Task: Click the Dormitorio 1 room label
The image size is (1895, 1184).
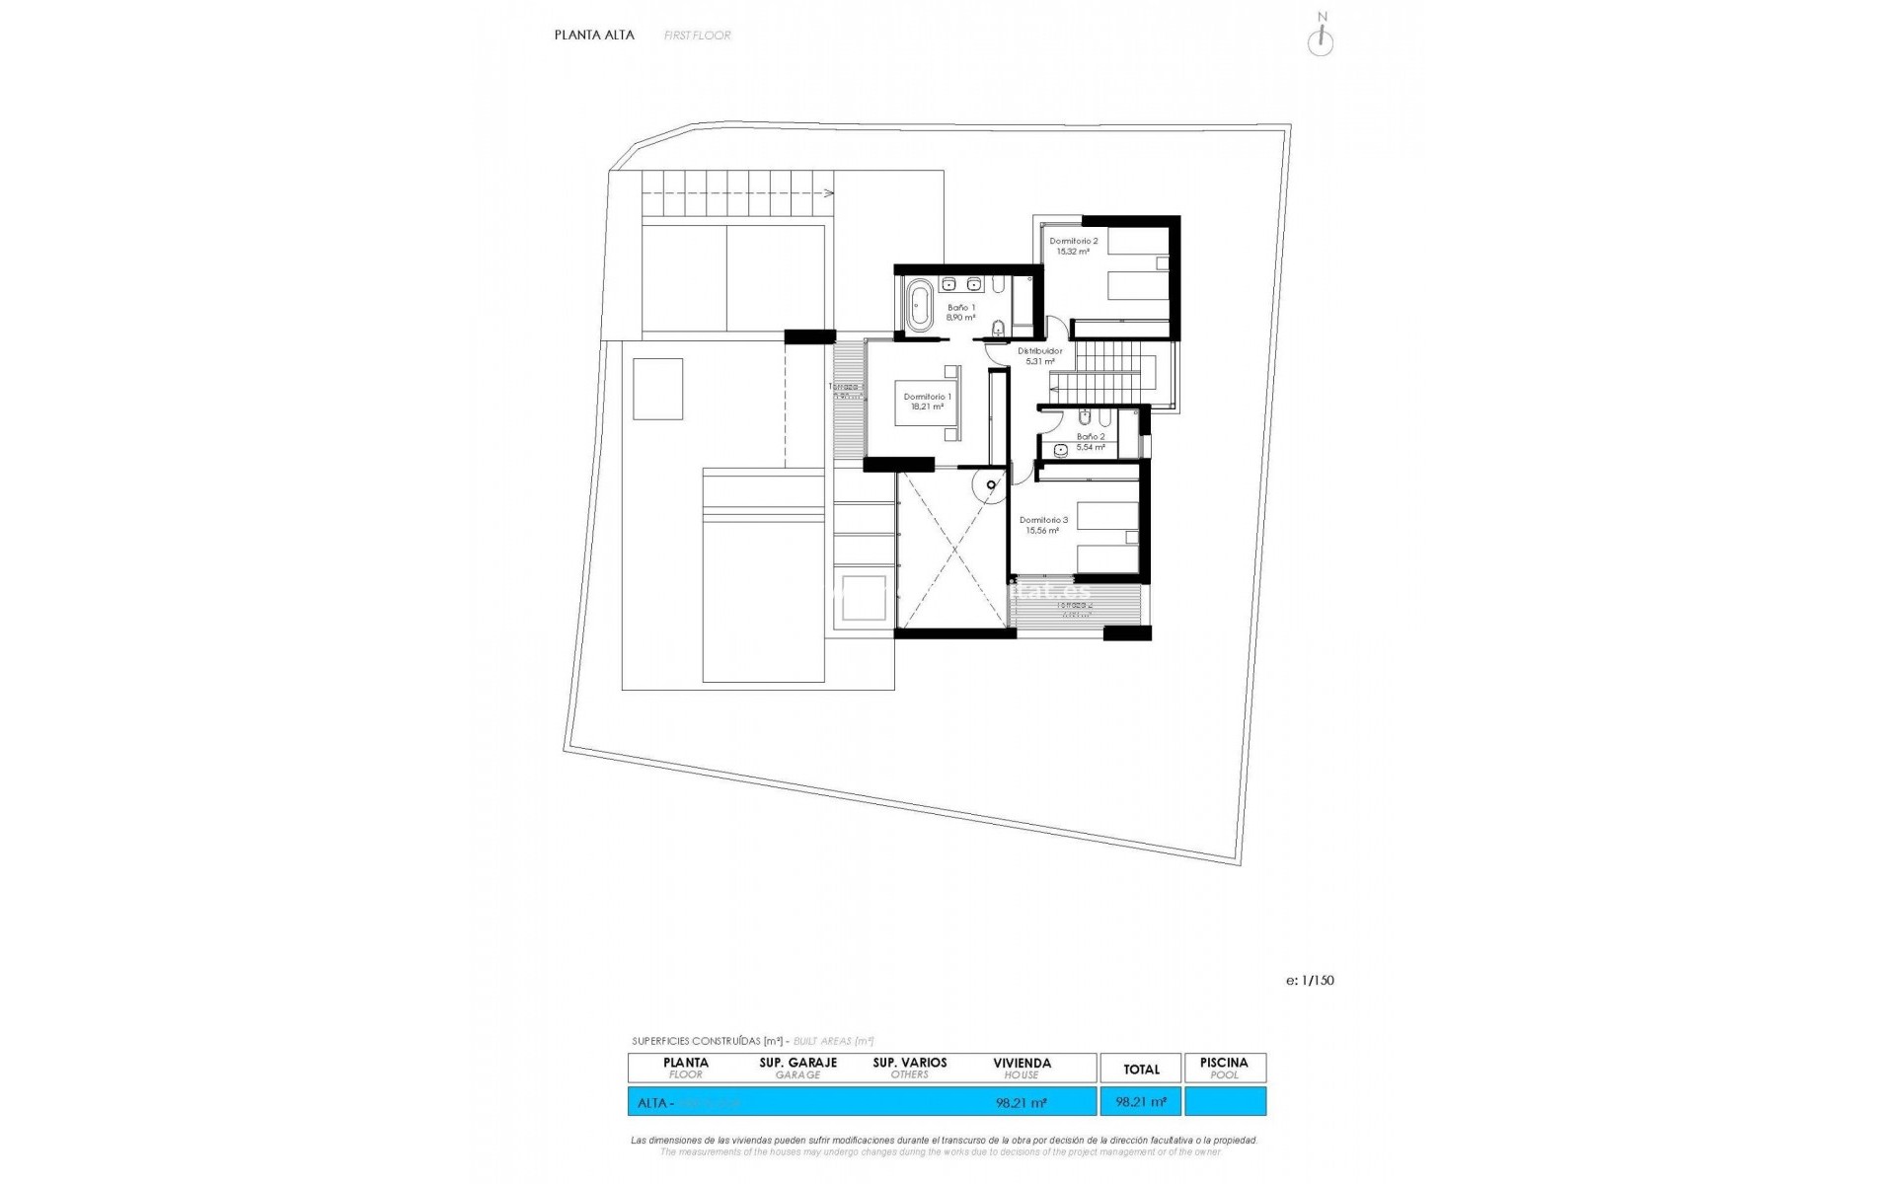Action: tap(927, 397)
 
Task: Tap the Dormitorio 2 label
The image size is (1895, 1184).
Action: tap(1073, 241)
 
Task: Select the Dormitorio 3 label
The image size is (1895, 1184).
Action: tap(1043, 520)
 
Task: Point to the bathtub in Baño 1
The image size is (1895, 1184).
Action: tap(920, 306)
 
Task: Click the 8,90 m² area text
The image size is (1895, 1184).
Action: tap(960, 319)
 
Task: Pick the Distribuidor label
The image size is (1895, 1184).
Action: tap(1040, 351)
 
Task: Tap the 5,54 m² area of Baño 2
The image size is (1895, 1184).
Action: tap(1090, 447)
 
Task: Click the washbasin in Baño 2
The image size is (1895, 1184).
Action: tap(1061, 450)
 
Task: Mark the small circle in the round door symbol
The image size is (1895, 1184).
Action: tap(990, 484)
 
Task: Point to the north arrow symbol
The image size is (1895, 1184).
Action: tap(1321, 39)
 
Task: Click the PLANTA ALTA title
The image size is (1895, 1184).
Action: tap(594, 36)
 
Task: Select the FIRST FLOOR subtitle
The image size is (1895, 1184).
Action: tap(697, 36)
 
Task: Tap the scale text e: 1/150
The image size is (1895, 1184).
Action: tap(1310, 981)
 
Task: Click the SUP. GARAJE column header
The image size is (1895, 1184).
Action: tap(797, 1064)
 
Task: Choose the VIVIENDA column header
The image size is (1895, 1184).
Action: tap(1022, 1064)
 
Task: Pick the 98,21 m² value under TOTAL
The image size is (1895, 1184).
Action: tap(1141, 1102)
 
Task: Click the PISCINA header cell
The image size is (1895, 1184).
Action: tap(1224, 1064)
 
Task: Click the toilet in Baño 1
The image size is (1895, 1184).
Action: tap(998, 329)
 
